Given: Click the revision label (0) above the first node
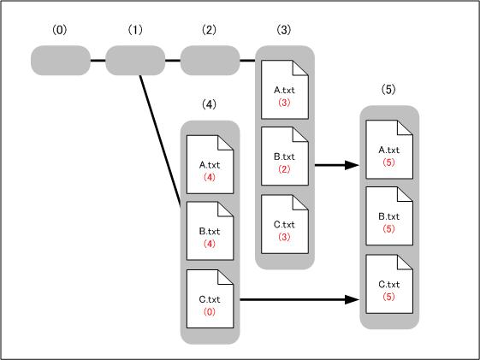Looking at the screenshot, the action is click(x=59, y=30).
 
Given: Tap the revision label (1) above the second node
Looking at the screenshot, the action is click(x=135, y=30).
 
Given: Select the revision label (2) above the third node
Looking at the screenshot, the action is click(x=209, y=30).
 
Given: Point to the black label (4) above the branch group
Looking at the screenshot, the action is click(x=209, y=104).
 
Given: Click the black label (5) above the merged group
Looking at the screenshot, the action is click(x=388, y=89).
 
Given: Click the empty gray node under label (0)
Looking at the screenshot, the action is click(x=61, y=60).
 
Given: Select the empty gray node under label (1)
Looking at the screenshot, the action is click(x=135, y=60).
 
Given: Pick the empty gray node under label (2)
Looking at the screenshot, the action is click(x=210, y=60).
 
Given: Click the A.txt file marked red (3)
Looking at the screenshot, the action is click(x=285, y=90).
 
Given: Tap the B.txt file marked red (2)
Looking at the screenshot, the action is click(x=285, y=156).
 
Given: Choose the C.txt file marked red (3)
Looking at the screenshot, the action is click(x=285, y=224).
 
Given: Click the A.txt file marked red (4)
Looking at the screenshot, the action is click(x=210, y=164).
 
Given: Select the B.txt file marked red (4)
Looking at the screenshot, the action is click(x=210, y=231).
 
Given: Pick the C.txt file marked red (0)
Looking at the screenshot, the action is click(x=210, y=298).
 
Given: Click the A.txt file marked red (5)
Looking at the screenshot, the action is click(x=389, y=150).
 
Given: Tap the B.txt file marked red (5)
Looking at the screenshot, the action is click(x=389, y=216).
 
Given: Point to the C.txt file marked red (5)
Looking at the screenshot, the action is click(x=389, y=284).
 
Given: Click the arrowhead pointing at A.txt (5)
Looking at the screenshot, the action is click(x=352, y=165).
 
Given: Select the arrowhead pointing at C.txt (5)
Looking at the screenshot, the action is click(x=352, y=299).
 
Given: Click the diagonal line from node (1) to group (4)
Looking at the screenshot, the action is click(x=160, y=141).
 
